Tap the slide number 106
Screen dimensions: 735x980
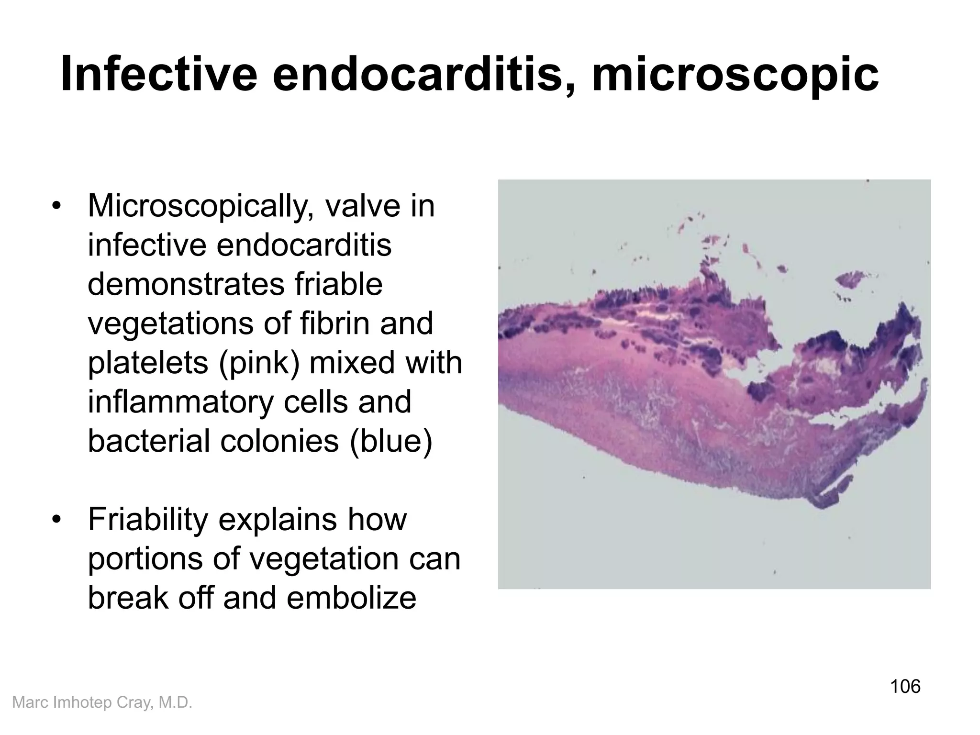tap(905, 686)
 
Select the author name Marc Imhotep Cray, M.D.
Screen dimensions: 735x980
tap(102, 702)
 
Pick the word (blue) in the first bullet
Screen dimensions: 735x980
tap(391, 441)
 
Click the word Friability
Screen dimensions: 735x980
tap(148, 520)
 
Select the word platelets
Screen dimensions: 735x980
tap(148, 363)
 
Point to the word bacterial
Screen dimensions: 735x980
tap(149, 441)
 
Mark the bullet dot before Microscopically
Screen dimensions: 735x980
tap(57, 207)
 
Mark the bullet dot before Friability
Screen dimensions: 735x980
tap(57, 521)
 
